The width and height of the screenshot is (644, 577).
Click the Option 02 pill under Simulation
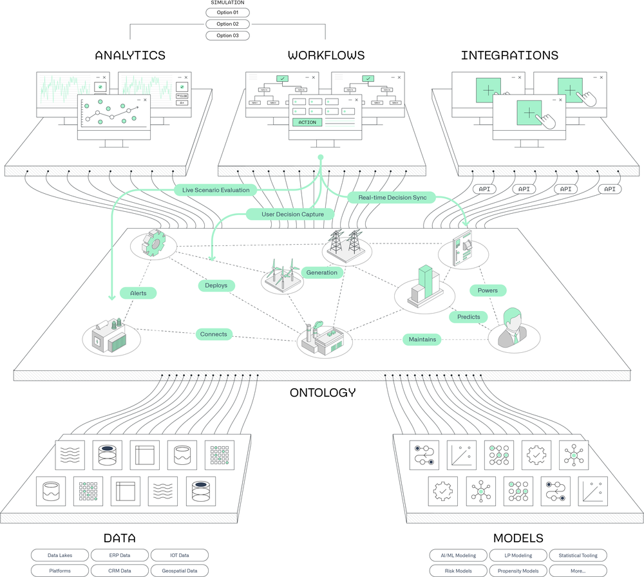pos(227,24)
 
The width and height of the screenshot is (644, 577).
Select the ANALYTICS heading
pos(130,55)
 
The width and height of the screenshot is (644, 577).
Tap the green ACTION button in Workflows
pos(307,122)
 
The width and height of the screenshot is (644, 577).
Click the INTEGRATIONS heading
pos(509,55)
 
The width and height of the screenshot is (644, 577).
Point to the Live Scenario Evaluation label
pos(216,190)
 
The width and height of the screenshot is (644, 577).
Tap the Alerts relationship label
pos(138,292)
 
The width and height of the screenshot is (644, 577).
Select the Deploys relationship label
pos(216,285)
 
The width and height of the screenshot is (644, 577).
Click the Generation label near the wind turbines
pos(321,272)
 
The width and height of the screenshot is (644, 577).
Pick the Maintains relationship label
pos(422,339)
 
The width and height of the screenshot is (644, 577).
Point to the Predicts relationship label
pos(468,317)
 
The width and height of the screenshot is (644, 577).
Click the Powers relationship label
pos(488,290)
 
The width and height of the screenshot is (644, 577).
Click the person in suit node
pos(513,330)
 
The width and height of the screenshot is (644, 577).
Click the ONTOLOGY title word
pos(322,392)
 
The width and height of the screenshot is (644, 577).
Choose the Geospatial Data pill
pos(179,570)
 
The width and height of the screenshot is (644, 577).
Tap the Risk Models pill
pos(459,570)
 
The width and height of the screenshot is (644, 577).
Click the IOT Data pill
pos(179,555)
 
